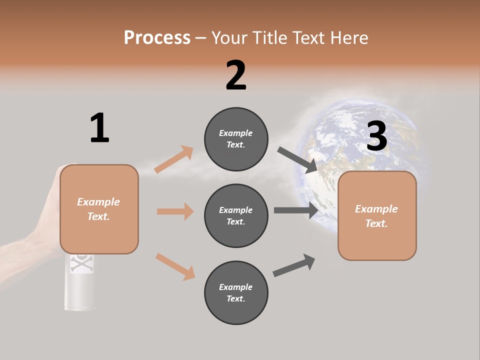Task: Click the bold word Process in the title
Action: click(x=157, y=37)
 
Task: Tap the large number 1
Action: click(x=99, y=127)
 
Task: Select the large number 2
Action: click(x=236, y=75)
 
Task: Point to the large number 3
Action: click(x=376, y=136)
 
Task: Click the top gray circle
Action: click(x=236, y=138)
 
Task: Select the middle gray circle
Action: click(x=236, y=215)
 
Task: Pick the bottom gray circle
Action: click(x=236, y=292)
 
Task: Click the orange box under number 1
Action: click(x=99, y=209)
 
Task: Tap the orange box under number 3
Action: click(x=377, y=216)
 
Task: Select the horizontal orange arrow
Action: click(x=175, y=211)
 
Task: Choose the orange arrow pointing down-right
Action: click(x=175, y=266)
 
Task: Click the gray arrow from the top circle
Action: click(x=297, y=159)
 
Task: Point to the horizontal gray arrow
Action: click(x=295, y=210)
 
